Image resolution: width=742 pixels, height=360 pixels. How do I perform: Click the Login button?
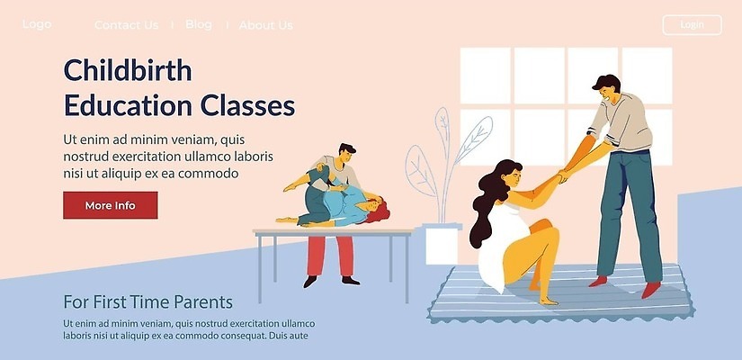[692, 25]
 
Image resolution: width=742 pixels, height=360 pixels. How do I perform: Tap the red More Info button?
[111, 205]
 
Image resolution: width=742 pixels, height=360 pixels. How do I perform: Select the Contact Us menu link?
[126, 25]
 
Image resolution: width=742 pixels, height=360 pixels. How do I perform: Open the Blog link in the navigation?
[199, 24]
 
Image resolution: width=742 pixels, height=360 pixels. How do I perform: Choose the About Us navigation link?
[266, 25]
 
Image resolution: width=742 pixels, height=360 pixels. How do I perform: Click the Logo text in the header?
[37, 24]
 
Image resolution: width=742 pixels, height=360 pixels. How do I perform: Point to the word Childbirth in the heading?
[128, 70]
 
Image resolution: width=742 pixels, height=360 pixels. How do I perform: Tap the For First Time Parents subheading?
[148, 301]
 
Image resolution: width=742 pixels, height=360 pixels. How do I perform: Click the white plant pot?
[441, 245]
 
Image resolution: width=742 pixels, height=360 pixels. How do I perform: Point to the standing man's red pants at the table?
[331, 256]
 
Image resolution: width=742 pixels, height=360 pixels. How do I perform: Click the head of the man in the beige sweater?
[607, 89]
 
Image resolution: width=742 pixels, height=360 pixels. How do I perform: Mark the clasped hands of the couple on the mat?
[564, 175]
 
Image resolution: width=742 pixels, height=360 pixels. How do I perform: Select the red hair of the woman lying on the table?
[378, 211]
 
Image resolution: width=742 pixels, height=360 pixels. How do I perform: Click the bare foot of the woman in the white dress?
[548, 301]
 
